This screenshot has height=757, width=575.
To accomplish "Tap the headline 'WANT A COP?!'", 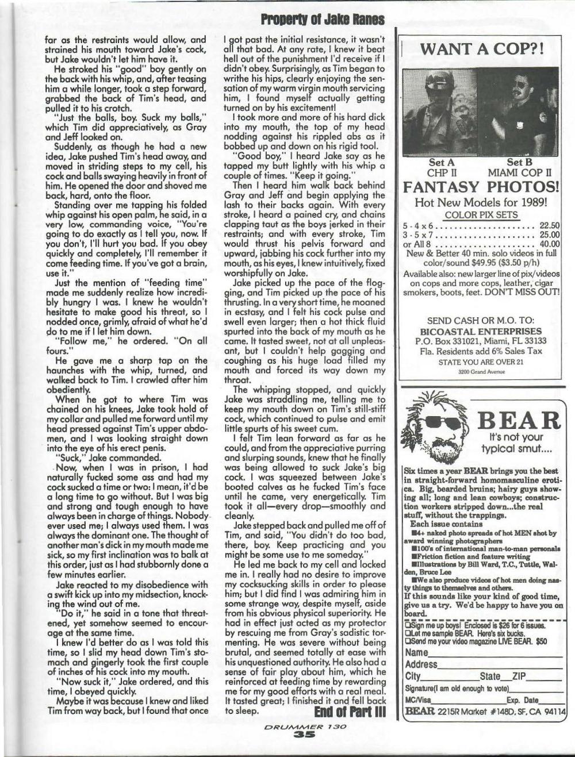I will pos(482,49).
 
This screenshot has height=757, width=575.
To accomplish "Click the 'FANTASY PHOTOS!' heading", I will pos(481,187).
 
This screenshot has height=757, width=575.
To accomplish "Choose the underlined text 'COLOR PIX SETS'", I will pos(481,215).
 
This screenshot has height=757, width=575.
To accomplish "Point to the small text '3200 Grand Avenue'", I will pos(482,371).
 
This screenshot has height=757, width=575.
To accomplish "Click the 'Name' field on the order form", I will pos(417,653).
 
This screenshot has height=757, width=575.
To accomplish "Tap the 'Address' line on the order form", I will pos(421,664).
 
